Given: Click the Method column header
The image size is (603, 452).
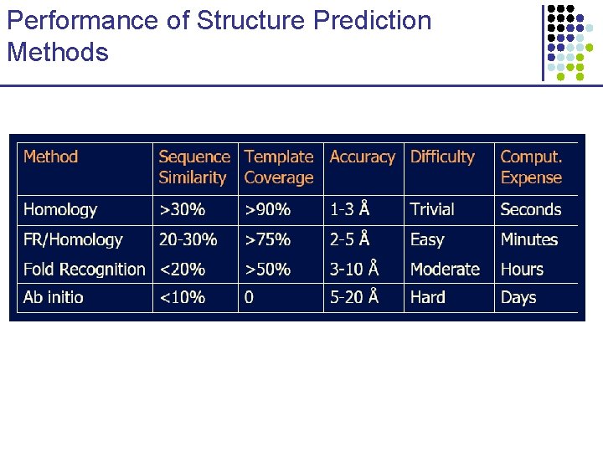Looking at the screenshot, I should click(x=51, y=157).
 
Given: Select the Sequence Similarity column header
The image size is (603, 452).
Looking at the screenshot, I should click(x=193, y=167).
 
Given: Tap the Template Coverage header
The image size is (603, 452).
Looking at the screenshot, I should click(x=279, y=167).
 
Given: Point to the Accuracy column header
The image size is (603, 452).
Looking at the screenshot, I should click(x=362, y=157).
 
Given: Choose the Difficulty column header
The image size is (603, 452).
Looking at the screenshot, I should click(x=442, y=157).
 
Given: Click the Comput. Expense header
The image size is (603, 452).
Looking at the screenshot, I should click(x=531, y=167).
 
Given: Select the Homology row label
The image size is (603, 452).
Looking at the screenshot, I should click(x=60, y=210).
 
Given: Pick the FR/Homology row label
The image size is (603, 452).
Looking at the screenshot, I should click(x=73, y=239).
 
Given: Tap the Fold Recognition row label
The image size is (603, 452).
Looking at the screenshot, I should click(x=84, y=270).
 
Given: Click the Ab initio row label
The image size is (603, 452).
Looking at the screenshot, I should click(x=54, y=297).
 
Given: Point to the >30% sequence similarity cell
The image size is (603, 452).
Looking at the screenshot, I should click(x=182, y=210).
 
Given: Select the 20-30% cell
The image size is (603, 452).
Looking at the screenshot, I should click(x=188, y=239).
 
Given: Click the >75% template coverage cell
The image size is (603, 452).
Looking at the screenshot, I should click(x=267, y=239).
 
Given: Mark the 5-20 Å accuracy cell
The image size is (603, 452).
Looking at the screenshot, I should click(x=354, y=297).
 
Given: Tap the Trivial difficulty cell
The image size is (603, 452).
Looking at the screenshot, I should click(x=432, y=210).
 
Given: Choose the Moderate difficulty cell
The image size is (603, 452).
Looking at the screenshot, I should click(x=445, y=270).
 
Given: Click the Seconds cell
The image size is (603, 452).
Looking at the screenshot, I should click(x=531, y=210).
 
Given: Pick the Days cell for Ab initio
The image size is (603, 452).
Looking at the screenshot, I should click(x=518, y=297).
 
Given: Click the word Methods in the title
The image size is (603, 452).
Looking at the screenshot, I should click(x=58, y=53).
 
